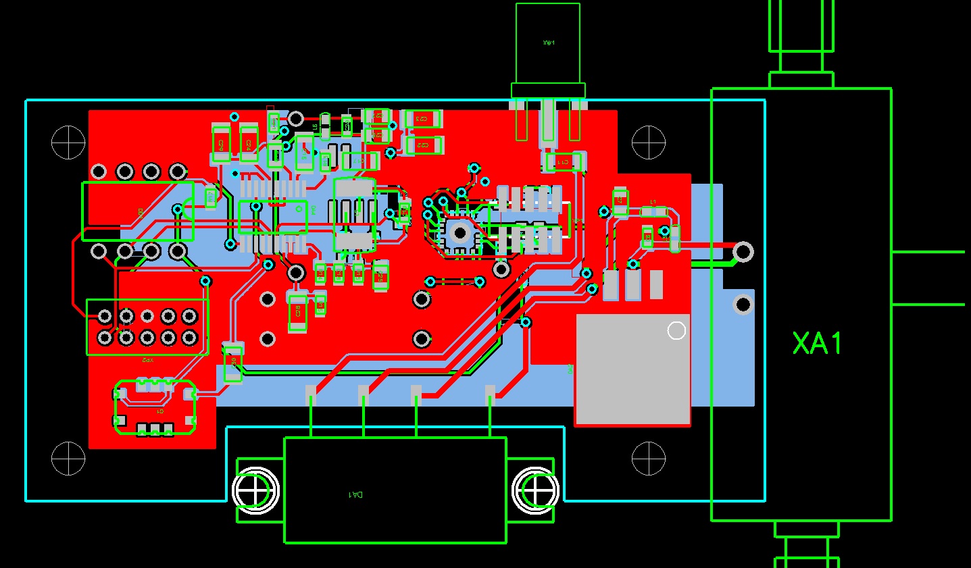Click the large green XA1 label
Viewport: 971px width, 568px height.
coord(818,344)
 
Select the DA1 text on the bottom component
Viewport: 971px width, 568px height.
coord(355,494)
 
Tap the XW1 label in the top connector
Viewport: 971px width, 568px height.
coord(549,43)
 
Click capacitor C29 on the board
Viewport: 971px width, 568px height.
coord(220,144)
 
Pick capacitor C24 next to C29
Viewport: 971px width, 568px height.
coord(249,144)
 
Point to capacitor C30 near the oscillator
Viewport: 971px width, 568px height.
coord(233,363)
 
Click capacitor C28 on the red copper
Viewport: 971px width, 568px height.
coord(297,313)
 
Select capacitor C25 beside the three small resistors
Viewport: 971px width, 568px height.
coord(380,275)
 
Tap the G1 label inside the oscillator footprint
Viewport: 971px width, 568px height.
coord(160,411)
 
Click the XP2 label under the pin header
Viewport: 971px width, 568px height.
coord(147,361)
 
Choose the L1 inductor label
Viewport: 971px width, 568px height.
coord(653,202)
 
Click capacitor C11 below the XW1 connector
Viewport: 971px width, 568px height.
coord(563,161)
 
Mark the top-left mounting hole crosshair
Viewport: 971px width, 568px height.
coord(68,143)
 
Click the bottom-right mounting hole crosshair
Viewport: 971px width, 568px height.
coord(649,459)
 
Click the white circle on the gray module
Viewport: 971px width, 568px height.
coord(676,330)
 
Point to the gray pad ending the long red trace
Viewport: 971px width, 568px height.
coord(743,252)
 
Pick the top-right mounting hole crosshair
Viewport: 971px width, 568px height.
coord(649,143)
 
